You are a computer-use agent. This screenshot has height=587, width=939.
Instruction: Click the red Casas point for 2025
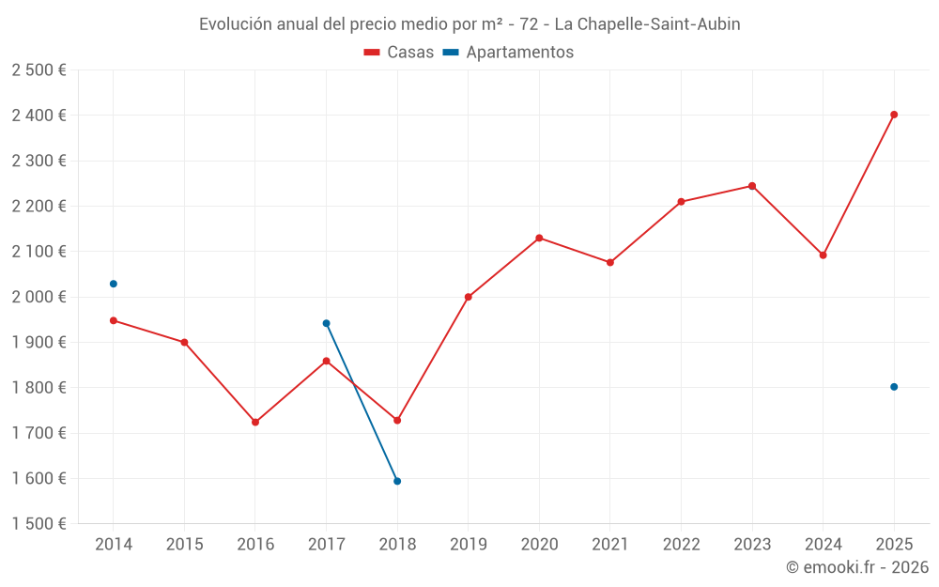tap(894, 115)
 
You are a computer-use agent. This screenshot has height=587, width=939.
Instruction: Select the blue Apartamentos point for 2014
tap(114, 284)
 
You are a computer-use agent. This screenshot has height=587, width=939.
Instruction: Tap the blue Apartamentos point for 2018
tap(397, 481)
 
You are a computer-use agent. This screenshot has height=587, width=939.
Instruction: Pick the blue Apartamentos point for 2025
tap(894, 387)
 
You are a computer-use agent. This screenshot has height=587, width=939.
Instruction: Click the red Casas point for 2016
tap(255, 422)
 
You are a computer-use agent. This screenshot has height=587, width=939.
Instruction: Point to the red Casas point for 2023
tap(752, 186)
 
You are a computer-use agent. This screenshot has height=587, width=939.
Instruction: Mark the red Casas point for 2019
tap(469, 297)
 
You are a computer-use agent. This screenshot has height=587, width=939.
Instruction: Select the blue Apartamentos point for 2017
tap(326, 323)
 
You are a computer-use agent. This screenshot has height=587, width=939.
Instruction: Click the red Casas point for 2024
tap(824, 255)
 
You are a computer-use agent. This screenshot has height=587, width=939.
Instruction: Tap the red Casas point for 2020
tap(539, 238)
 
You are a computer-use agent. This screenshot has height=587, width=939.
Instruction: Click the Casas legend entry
tap(399, 53)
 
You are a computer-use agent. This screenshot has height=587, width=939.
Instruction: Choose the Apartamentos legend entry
tap(508, 53)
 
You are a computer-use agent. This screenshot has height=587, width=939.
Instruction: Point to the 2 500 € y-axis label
tap(38, 70)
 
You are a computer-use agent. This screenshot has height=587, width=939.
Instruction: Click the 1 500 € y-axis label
tap(38, 524)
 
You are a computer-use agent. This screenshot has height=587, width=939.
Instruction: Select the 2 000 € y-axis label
tap(38, 297)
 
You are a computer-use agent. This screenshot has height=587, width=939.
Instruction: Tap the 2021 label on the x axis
tap(610, 545)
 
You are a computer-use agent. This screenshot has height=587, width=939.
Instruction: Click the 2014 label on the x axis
tap(114, 545)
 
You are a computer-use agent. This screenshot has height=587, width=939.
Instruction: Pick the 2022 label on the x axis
tap(681, 545)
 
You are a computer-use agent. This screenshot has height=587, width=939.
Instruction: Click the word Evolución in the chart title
tap(236, 24)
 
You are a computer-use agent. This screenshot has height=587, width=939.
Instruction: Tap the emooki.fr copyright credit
tap(857, 567)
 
